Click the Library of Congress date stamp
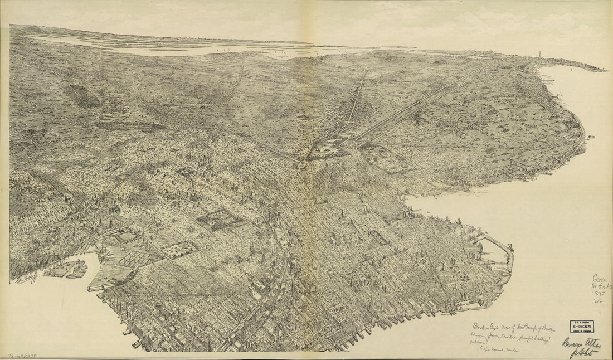tap(581, 327)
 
